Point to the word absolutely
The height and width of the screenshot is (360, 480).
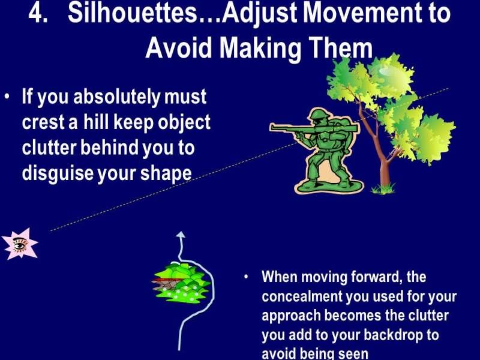click(116, 97)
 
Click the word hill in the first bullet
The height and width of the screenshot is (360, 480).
click(96, 122)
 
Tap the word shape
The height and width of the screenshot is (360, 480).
click(166, 174)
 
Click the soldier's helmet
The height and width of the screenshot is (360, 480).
click(319, 115)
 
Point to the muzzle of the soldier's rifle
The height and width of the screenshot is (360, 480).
click(272, 127)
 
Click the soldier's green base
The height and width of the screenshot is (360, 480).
click(328, 186)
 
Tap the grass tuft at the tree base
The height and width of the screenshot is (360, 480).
click(383, 189)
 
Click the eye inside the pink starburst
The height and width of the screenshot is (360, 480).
click(20, 244)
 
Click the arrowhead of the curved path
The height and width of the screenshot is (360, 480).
click(181, 235)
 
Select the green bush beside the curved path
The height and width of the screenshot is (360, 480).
click(182, 283)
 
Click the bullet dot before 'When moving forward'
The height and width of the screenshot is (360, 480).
click(246, 277)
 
